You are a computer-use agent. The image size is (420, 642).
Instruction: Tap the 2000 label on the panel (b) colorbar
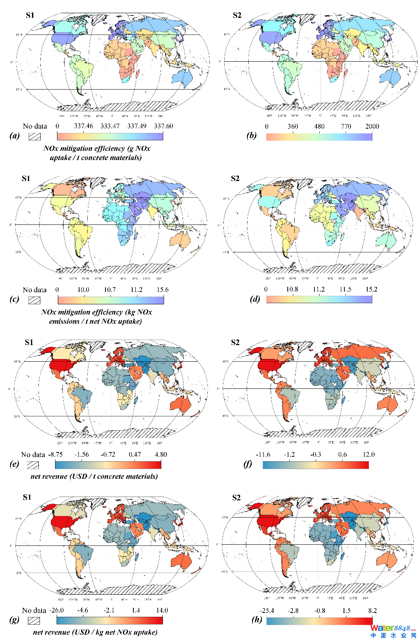[372, 126]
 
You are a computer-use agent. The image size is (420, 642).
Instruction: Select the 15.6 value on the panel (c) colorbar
[162, 290]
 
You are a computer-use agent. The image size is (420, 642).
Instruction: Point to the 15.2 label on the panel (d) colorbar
[371, 289]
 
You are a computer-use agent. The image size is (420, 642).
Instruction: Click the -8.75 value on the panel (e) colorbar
[55, 454]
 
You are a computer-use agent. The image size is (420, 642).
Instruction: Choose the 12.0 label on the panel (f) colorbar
[368, 454]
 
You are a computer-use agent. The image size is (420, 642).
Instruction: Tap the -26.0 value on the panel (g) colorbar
[57, 610]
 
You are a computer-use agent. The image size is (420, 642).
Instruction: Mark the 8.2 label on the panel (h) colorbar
[372, 611]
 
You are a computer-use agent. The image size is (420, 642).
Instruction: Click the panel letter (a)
[15, 135]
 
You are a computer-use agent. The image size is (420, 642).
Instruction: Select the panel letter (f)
[247, 464]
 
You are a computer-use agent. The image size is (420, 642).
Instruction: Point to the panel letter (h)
[257, 620]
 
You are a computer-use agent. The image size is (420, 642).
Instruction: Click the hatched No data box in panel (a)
[35, 136]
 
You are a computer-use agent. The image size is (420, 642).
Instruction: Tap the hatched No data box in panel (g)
[34, 621]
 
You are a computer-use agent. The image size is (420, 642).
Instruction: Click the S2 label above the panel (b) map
[237, 16]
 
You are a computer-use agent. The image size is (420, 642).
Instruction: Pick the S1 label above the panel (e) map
[29, 342]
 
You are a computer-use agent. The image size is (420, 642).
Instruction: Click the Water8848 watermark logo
[392, 631]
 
